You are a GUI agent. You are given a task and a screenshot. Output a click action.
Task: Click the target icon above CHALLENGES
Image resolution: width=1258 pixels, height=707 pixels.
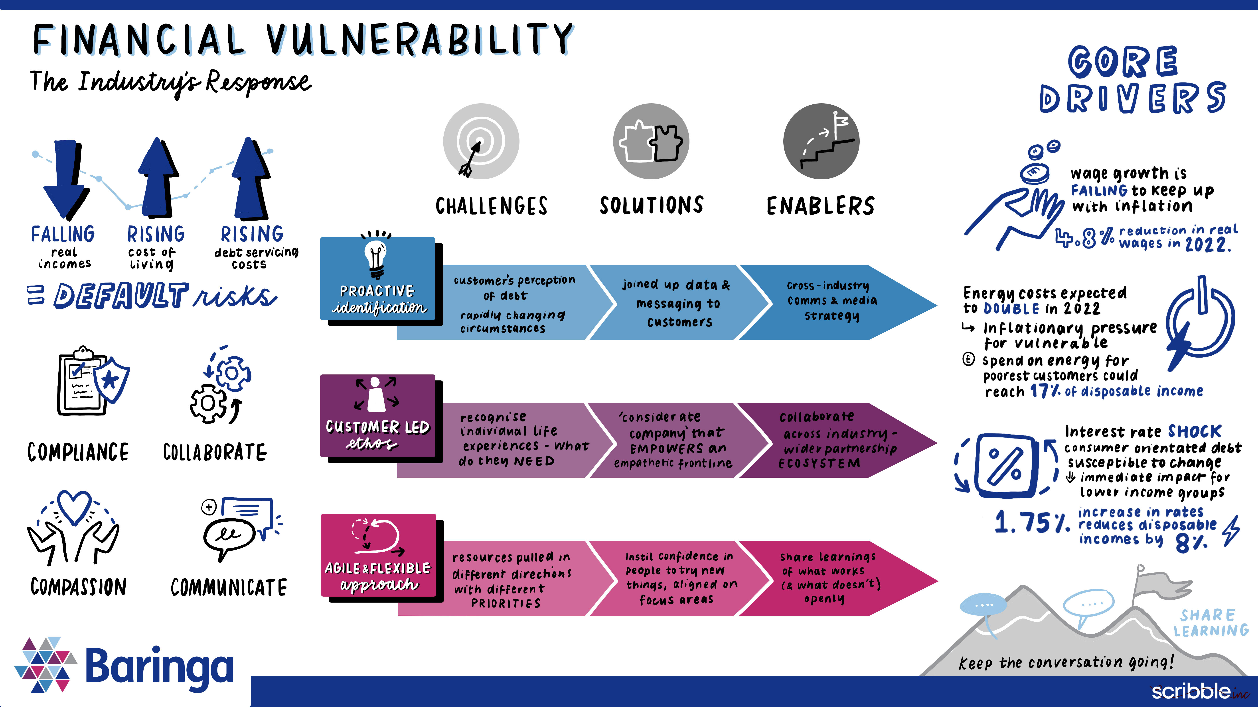tap(480, 141)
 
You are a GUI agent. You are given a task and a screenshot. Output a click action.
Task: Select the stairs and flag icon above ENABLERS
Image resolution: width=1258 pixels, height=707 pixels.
tap(821, 141)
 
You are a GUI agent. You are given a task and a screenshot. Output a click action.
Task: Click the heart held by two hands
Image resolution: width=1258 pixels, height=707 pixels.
tap(74, 507)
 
